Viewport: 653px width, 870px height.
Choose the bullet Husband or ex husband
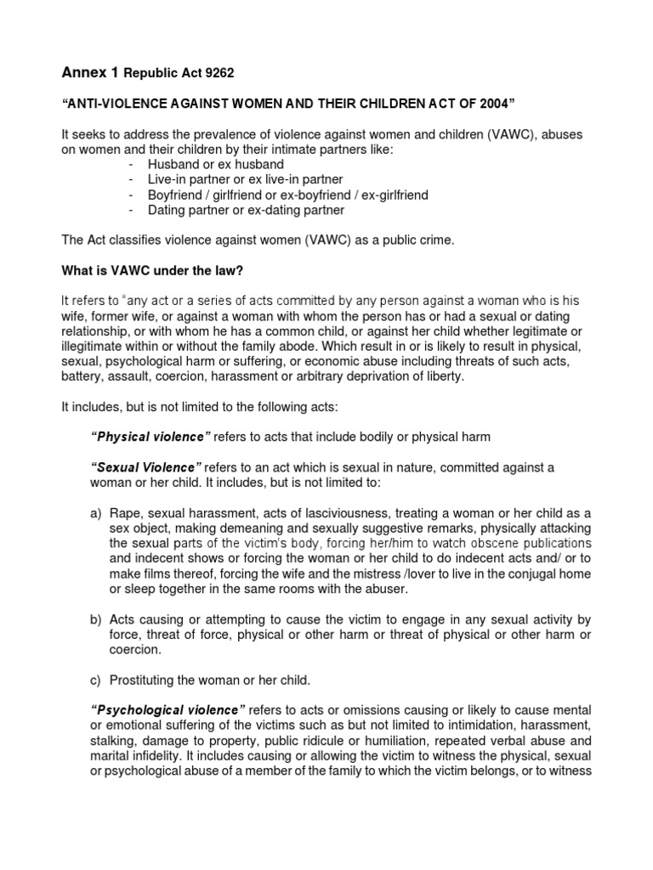(x=205, y=164)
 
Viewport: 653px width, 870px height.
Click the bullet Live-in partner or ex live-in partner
(x=234, y=179)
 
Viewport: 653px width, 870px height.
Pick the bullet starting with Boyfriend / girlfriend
(x=275, y=195)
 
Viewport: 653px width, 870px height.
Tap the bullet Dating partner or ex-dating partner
(x=234, y=210)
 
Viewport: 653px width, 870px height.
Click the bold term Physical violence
(x=150, y=437)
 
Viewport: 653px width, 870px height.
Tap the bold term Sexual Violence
(x=145, y=467)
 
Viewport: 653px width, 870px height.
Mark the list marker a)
(x=95, y=513)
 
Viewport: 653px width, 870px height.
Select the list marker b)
(x=95, y=619)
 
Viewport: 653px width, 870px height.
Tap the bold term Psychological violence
(x=168, y=709)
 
